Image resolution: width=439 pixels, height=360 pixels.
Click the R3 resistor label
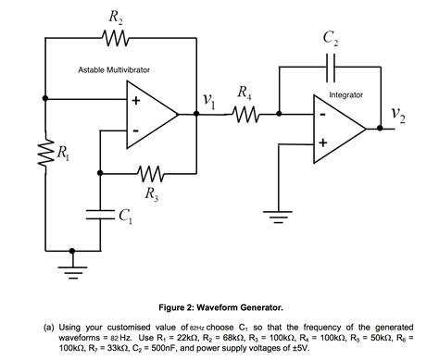pos(150,193)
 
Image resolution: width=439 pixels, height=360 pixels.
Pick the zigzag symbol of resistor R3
pos(150,173)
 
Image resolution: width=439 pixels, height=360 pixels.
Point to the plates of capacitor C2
pos(331,67)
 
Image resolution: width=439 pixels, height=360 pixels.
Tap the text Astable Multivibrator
pos(113,70)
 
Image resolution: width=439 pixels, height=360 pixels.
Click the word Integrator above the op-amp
pos(346,95)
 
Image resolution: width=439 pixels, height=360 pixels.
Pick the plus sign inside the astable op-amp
pos(136,101)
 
